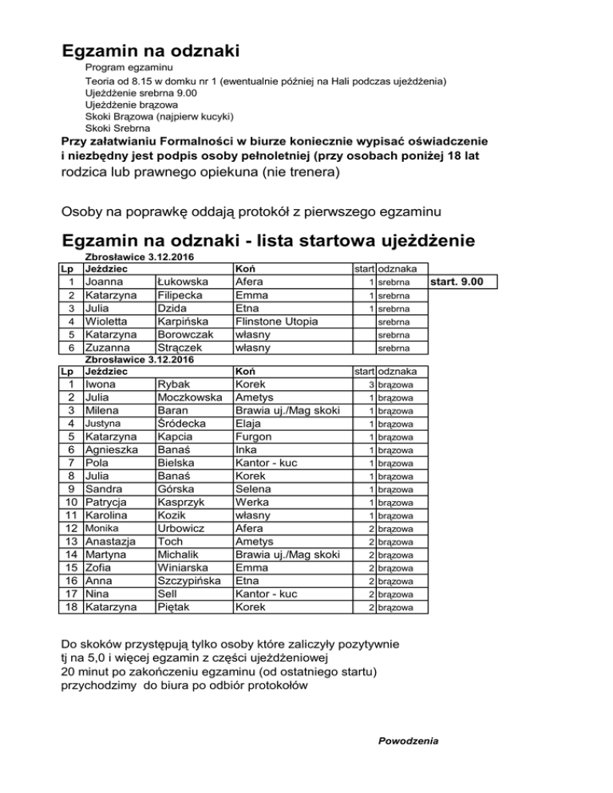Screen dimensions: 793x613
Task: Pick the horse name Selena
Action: tap(253, 489)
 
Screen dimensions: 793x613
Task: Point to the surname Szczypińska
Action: tap(190, 580)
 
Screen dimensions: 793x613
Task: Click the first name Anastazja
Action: tap(113, 541)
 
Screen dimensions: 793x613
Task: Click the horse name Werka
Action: tap(251, 503)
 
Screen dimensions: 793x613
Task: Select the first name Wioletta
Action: tap(111, 322)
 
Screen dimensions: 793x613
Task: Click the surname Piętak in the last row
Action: tap(176, 606)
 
